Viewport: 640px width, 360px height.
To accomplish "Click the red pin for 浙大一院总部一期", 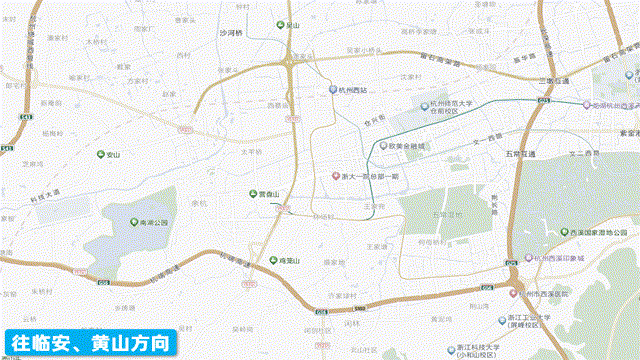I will (336, 177).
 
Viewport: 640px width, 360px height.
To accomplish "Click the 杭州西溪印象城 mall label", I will (573, 258).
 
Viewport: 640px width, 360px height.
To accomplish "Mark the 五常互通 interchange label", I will (520, 154).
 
